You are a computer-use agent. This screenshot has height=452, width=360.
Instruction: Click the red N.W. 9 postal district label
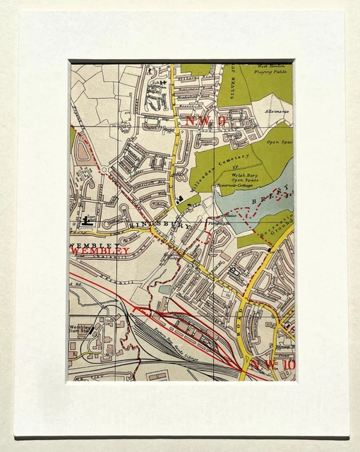click(205, 121)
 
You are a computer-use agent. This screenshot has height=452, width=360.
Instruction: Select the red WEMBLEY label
click(100, 251)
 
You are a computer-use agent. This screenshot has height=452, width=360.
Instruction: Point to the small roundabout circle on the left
click(104, 169)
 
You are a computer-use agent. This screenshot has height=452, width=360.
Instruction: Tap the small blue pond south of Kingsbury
click(164, 289)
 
